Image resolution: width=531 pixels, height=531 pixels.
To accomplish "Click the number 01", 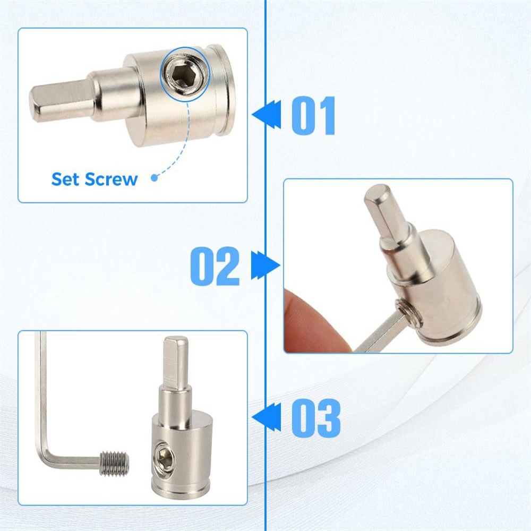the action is pos(313,115).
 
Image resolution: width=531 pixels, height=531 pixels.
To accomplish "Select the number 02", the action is pos(215,266).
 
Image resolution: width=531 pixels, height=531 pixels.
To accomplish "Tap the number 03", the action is pos(316,418).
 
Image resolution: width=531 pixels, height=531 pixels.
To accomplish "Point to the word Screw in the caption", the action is pos(112,179).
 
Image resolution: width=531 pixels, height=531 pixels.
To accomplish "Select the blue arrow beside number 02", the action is pos(266,265).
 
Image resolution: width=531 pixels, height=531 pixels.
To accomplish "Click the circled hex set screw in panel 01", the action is pos(185,72).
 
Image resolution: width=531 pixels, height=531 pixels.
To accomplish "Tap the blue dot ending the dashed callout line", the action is pos(155,178).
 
